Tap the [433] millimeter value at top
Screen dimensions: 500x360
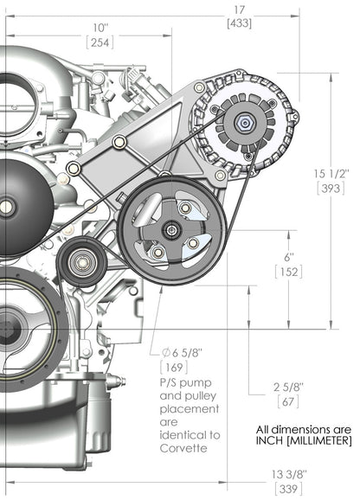click(x=239, y=24)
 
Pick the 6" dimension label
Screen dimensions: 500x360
click(x=288, y=257)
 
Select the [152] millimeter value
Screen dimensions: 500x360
click(x=288, y=272)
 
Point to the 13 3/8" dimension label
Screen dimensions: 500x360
click(x=327, y=473)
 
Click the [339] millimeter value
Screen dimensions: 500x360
click(x=327, y=489)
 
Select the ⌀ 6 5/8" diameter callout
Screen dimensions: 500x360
click(x=178, y=353)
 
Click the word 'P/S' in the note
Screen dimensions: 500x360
click(x=170, y=381)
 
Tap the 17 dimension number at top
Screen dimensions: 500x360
click(x=239, y=10)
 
